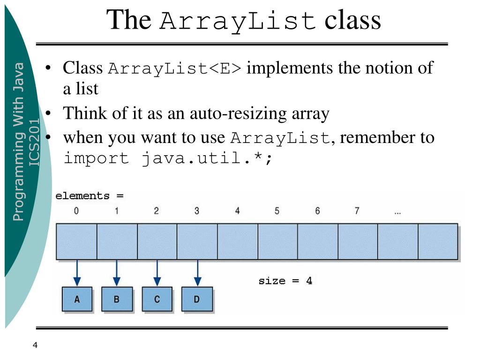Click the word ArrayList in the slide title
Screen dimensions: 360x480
point(238,22)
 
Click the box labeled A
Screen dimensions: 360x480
point(77,299)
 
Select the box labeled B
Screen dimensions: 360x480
point(117,299)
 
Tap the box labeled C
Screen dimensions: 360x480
point(157,299)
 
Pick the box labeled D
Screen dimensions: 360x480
point(197,299)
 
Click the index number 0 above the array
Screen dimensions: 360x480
point(76,211)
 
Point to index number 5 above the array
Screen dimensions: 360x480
point(277,211)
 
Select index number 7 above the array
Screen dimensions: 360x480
point(357,211)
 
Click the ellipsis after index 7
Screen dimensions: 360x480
point(397,212)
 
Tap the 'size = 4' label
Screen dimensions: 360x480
point(285,281)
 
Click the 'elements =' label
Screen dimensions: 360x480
point(89,196)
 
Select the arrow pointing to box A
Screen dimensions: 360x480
point(77,273)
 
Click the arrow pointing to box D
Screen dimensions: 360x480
point(197,273)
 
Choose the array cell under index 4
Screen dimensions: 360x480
point(237,241)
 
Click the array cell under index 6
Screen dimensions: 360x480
point(317,241)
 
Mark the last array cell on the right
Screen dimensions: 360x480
point(438,241)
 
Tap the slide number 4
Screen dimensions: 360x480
point(35,345)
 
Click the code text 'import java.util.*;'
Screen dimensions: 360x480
point(167,158)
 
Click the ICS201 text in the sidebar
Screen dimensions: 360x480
point(35,141)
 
